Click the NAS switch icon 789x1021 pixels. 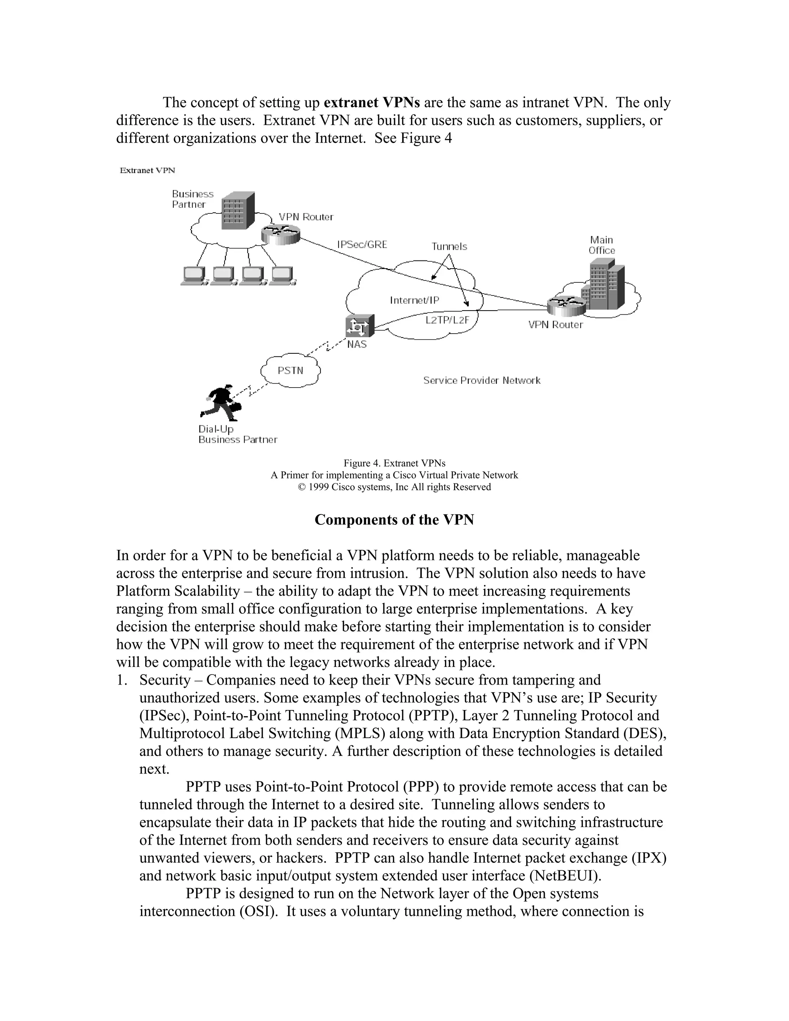pos(360,326)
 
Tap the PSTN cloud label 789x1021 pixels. pos(290,371)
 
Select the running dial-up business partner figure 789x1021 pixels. pos(221,401)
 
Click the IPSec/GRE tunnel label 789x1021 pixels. pos(362,245)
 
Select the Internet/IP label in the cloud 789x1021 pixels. pos(415,300)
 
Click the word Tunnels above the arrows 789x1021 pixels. pos(449,246)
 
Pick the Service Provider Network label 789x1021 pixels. pos(482,381)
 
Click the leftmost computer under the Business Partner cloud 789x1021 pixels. pos(193,276)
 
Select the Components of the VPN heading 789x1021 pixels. pos(394,520)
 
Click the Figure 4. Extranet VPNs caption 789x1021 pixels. pos(394,463)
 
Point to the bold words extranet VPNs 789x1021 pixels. pos(372,102)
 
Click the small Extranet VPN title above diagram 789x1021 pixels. pos(147,171)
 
